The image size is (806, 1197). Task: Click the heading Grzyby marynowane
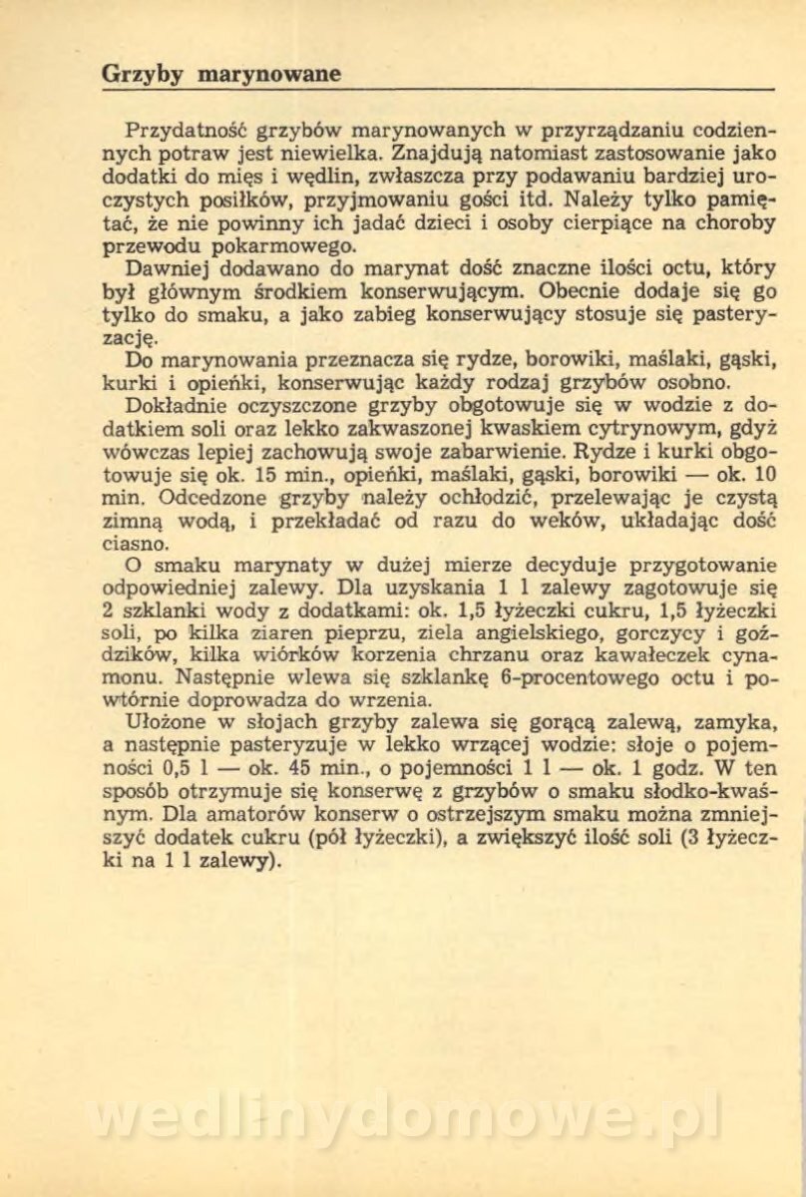(221, 74)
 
